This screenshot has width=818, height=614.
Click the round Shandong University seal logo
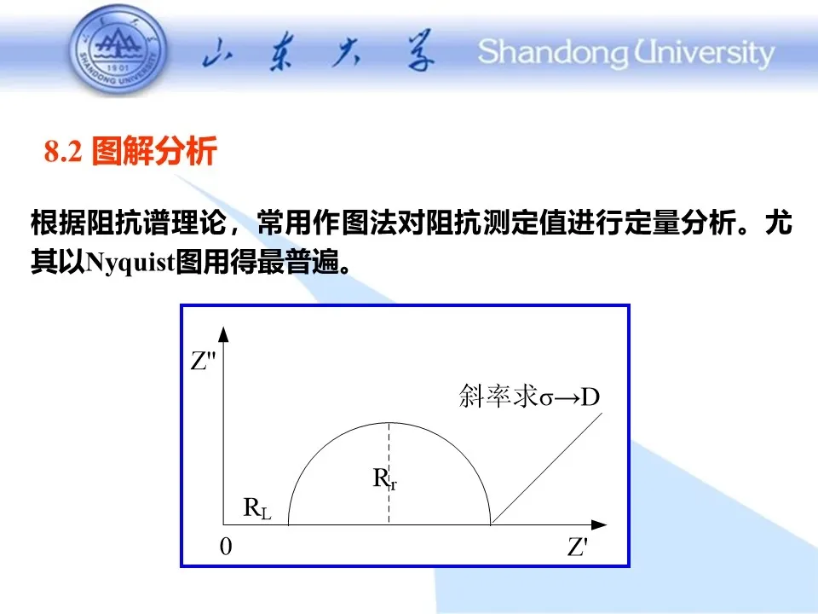point(119,49)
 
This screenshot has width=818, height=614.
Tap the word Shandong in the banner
point(553,53)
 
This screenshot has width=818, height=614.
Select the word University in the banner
point(705,53)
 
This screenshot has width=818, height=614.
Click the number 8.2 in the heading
point(63,152)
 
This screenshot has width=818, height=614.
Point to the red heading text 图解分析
point(154,151)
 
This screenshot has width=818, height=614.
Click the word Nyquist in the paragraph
point(130,262)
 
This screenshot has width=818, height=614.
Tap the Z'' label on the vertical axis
point(203,361)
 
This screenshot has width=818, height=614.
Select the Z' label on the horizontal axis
point(578,547)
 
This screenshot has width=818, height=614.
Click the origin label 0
point(226,547)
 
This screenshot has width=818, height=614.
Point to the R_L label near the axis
point(257,507)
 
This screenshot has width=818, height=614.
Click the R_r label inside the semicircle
point(384,478)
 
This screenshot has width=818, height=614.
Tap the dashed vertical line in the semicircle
point(389,473)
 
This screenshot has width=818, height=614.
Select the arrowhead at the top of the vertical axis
point(224,334)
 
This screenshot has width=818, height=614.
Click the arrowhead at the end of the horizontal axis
point(598,524)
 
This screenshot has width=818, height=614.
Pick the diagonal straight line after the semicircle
point(547,468)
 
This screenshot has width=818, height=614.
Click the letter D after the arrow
point(590,397)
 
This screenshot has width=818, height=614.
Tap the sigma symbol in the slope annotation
point(545,399)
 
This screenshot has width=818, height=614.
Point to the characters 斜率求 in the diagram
point(498,396)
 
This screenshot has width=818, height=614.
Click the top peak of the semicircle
point(389,422)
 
